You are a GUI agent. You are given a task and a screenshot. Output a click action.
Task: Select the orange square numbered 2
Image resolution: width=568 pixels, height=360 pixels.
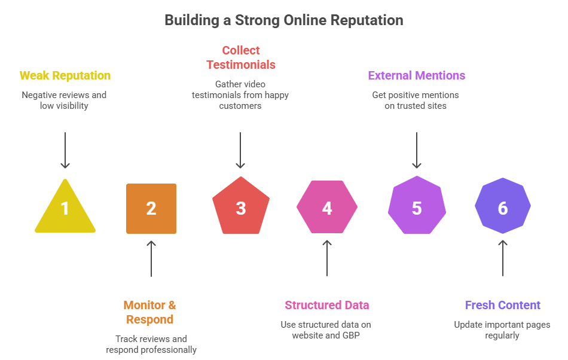pos(151,208)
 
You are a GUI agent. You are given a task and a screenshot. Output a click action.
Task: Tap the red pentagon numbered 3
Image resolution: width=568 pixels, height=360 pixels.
pos(240,207)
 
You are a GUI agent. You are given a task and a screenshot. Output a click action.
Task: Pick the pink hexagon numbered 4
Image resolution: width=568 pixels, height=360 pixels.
pos(327,208)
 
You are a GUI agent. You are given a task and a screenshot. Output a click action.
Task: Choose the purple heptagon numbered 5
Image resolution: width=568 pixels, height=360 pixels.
pos(417,207)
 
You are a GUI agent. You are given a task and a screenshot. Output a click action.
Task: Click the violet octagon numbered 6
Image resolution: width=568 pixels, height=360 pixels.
pos(503,207)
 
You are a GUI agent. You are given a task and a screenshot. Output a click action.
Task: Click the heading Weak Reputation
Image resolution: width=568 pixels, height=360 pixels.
pos(65,76)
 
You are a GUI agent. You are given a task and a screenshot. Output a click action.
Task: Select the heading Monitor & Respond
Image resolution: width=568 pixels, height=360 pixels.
pos(150,312)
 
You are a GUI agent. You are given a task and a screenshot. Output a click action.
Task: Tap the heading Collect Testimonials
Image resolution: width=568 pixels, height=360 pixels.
pos(240,57)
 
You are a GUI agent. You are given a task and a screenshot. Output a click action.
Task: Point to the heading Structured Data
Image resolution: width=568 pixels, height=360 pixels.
pos(327,305)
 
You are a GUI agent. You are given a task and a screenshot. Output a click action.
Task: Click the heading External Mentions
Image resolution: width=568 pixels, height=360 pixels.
pos(417,76)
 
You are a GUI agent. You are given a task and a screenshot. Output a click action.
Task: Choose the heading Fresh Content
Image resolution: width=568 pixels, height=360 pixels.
pos(503,305)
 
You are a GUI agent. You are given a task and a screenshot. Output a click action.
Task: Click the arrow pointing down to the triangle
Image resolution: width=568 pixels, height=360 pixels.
pos(65,150)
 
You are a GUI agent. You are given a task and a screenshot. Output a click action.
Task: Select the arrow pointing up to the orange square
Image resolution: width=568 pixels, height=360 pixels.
pos(151,258)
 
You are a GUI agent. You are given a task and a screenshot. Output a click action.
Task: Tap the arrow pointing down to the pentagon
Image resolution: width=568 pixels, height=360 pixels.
pos(240,150)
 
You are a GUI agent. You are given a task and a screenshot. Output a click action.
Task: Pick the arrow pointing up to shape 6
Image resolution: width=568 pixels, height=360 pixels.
pos(503,258)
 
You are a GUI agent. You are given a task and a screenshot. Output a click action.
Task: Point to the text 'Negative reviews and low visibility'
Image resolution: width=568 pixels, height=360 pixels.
pos(64,100)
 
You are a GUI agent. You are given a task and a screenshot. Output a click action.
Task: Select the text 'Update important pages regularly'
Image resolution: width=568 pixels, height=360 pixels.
pos(502,330)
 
